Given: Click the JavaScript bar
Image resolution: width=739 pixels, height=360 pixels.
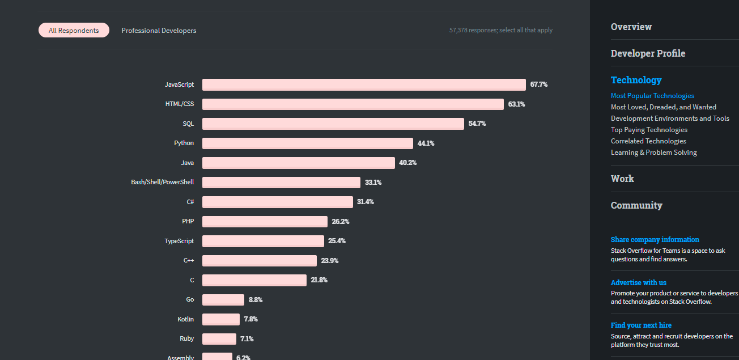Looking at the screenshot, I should pos(364,84).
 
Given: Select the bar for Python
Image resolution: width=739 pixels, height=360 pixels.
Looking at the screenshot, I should pos(308,143).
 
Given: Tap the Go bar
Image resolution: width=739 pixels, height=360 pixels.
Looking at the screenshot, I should pos(223,300).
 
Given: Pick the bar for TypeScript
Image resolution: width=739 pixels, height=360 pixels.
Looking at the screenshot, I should pos(263,241).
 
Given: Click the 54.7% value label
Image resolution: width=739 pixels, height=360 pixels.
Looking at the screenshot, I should pos(477,124).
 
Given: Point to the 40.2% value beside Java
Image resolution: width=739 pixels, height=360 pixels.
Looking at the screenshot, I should pos(408,163).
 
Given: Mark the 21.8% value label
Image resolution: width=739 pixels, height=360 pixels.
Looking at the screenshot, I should pos(319,280).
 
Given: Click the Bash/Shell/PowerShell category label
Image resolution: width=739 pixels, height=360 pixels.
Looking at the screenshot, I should pos(162,182).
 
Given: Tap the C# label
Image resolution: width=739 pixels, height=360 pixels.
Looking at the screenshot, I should pos(190,202).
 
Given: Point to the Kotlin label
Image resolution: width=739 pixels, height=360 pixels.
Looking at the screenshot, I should pos(185,319).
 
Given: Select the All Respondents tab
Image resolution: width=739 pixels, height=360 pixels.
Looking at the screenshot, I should pos(74,31).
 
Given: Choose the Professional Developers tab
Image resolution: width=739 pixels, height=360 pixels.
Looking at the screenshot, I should pos(159,31).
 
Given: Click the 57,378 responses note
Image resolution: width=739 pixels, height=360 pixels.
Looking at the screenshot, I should pos(501,30).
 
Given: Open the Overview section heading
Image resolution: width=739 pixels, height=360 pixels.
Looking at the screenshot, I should pos(631,27).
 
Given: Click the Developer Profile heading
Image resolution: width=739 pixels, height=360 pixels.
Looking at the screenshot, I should pos(648,53).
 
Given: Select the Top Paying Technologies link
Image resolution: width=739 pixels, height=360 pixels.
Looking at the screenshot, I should pos(649,130).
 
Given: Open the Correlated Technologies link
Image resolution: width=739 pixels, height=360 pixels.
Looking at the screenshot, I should pos(648,141).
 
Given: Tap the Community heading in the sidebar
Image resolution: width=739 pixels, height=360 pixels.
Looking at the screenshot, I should pos(636,205).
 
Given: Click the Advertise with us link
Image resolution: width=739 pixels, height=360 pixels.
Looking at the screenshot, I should pos(639,282).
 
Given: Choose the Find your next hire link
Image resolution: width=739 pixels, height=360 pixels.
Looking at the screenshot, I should pos(641,325).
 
